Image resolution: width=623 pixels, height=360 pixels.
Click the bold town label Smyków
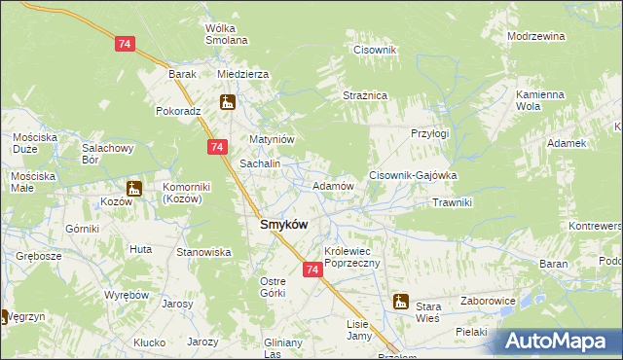(x=283, y=225)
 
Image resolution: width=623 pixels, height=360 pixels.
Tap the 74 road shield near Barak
(x=124, y=44)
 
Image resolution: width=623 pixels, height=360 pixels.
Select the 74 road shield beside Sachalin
(x=217, y=146)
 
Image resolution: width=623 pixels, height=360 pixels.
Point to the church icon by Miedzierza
(x=227, y=101)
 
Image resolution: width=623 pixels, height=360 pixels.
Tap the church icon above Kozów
(x=133, y=188)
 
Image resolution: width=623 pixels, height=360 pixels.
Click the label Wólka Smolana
(x=226, y=34)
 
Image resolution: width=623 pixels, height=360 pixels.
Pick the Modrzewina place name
(x=535, y=36)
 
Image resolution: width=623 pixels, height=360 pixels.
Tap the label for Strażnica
(x=365, y=95)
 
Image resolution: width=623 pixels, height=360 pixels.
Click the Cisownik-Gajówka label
(x=412, y=175)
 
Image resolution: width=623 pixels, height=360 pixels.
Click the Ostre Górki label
(x=272, y=287)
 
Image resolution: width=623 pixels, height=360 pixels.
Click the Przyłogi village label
(x=429, y=133)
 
